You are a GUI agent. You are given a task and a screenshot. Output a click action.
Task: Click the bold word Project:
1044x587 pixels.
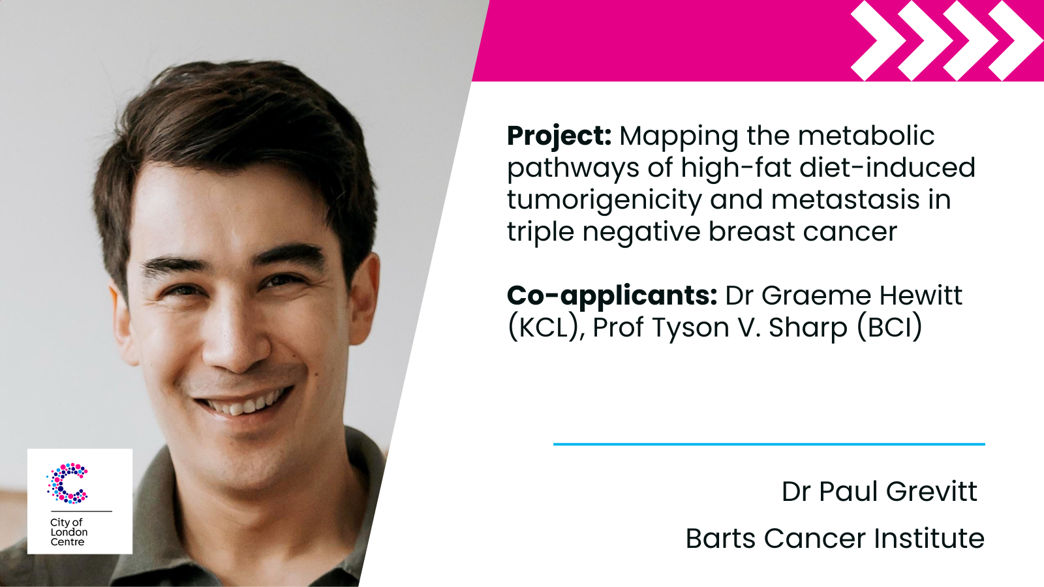(x=559, y=137)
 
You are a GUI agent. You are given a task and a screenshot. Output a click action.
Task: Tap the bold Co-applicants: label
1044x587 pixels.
(x=612, y=296)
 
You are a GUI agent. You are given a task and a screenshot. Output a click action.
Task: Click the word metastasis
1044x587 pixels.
(x=845, y=200)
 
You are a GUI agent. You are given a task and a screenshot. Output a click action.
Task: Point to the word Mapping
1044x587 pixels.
(x=679, y=137)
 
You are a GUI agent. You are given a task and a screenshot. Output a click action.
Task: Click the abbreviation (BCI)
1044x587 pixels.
(x=889, y=327)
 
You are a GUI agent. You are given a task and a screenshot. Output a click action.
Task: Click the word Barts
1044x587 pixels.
(x=720, y=539)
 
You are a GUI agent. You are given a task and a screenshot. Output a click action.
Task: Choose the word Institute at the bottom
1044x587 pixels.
(x=929, y=539)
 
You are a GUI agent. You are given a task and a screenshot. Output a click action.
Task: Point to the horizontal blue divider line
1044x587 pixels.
(x=769, y=444)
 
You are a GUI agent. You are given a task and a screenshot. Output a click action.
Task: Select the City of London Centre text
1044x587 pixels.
(x=69, y=532)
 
